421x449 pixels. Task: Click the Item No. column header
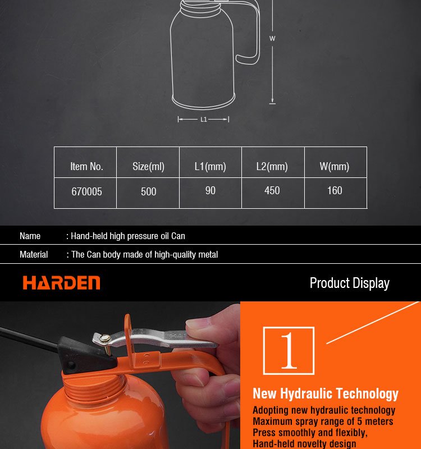pyautogui.click(x=86, y=166)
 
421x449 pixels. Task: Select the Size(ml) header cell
pyautogui.click(x=148, y=166)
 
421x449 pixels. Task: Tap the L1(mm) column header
pyautogui.click(x=210, y=166)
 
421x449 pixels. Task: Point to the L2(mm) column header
pyautogui.click(x=272, y=166)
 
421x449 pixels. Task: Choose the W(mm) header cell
pyautogui.click(x=335, y=166)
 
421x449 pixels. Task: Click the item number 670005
pyautogui.click(x=86, y=191)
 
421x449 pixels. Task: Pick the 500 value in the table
pyautogui.click(x=148, y=191)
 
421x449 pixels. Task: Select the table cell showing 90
pyautogui.click(x=210, y=190)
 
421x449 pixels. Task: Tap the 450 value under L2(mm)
pyautogui.click(x=272, y=190)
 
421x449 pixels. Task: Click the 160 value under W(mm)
pyautogui.click(x=335, y=190)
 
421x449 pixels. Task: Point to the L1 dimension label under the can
pyautogui.click(x=204, y=120)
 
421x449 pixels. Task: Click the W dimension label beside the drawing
pyautogui.click(x=272, y=38)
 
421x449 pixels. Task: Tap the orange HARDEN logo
pyautogui.click(x=62, y=283)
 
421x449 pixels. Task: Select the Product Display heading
pyautogui.click(x=349, y=283)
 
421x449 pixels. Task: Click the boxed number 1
pyautogui.click(x=289, y=350)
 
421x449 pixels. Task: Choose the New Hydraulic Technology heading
pyautogui.click(x=326, y=394)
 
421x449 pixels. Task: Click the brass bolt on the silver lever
pyautogui.click(x=105, y=339)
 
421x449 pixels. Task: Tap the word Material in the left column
pyautogui.click(x=34, y=255)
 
